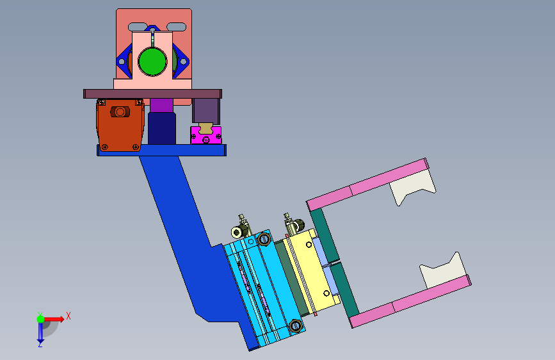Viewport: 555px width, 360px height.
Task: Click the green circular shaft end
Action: [152, 61]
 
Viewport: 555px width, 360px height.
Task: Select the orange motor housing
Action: [120, 125]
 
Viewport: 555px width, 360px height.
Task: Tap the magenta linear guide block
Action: [206, 135]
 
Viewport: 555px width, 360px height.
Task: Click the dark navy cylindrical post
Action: [162, 128]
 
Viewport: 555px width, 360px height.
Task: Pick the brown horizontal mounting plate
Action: [152, 94]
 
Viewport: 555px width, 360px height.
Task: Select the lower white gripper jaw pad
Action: [444, 271]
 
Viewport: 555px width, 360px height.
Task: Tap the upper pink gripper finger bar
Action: [367, 184]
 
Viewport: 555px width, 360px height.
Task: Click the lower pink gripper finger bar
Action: [410, 301]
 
